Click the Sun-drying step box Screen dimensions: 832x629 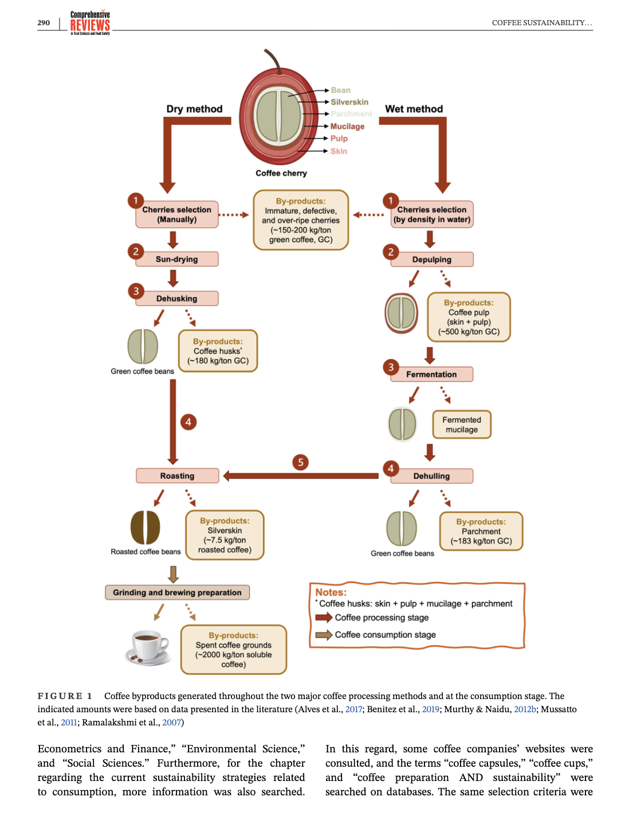click(176, 259)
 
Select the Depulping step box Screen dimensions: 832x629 click(431, 260)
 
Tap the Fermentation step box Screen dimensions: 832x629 click(431, 374)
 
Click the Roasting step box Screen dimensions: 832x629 click(177, 476)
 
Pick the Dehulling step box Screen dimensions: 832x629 click(431, 476)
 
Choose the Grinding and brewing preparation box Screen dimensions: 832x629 click(177, 592)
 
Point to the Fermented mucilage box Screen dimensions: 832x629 click(462, 425)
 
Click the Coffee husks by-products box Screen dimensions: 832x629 click(218, 351)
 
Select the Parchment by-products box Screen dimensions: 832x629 click(481, 531)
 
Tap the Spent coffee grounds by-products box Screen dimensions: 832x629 click(233, 650)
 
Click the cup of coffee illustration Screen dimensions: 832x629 click(148, 647)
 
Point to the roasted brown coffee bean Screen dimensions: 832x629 click(146, 527)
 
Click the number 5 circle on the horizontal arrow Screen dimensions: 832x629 click(300, 462)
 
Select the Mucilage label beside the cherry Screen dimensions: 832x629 click(347, 127)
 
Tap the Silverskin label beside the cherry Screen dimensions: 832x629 click(349, 102)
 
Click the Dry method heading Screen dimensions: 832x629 click(194, 109)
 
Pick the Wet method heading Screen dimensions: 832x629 click(414, 109)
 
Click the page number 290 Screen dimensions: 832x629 click(44, 23)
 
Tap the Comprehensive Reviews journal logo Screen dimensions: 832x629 click(90, 23)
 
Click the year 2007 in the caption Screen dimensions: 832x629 click(171, 723)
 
